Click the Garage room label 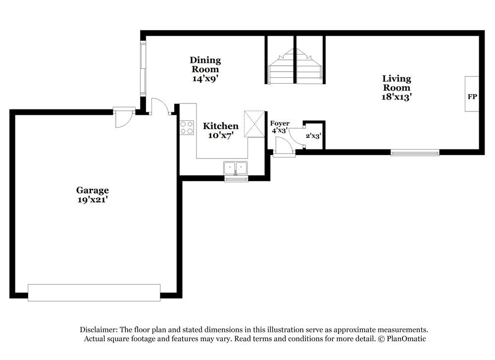[92, 190]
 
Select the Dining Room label [205, 65]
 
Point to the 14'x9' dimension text [205, 78]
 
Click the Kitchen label [220, 126]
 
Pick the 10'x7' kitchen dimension [220, 135]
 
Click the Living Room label [396, 83]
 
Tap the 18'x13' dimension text [396, 97]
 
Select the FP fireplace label [472, 97]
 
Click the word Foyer [280, 123]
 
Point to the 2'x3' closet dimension [313, 136]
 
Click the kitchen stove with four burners [187, 127]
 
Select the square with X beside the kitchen [255, 123]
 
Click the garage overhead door [94, 293]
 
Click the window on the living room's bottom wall [415, 153]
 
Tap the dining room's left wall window [143, 68]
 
